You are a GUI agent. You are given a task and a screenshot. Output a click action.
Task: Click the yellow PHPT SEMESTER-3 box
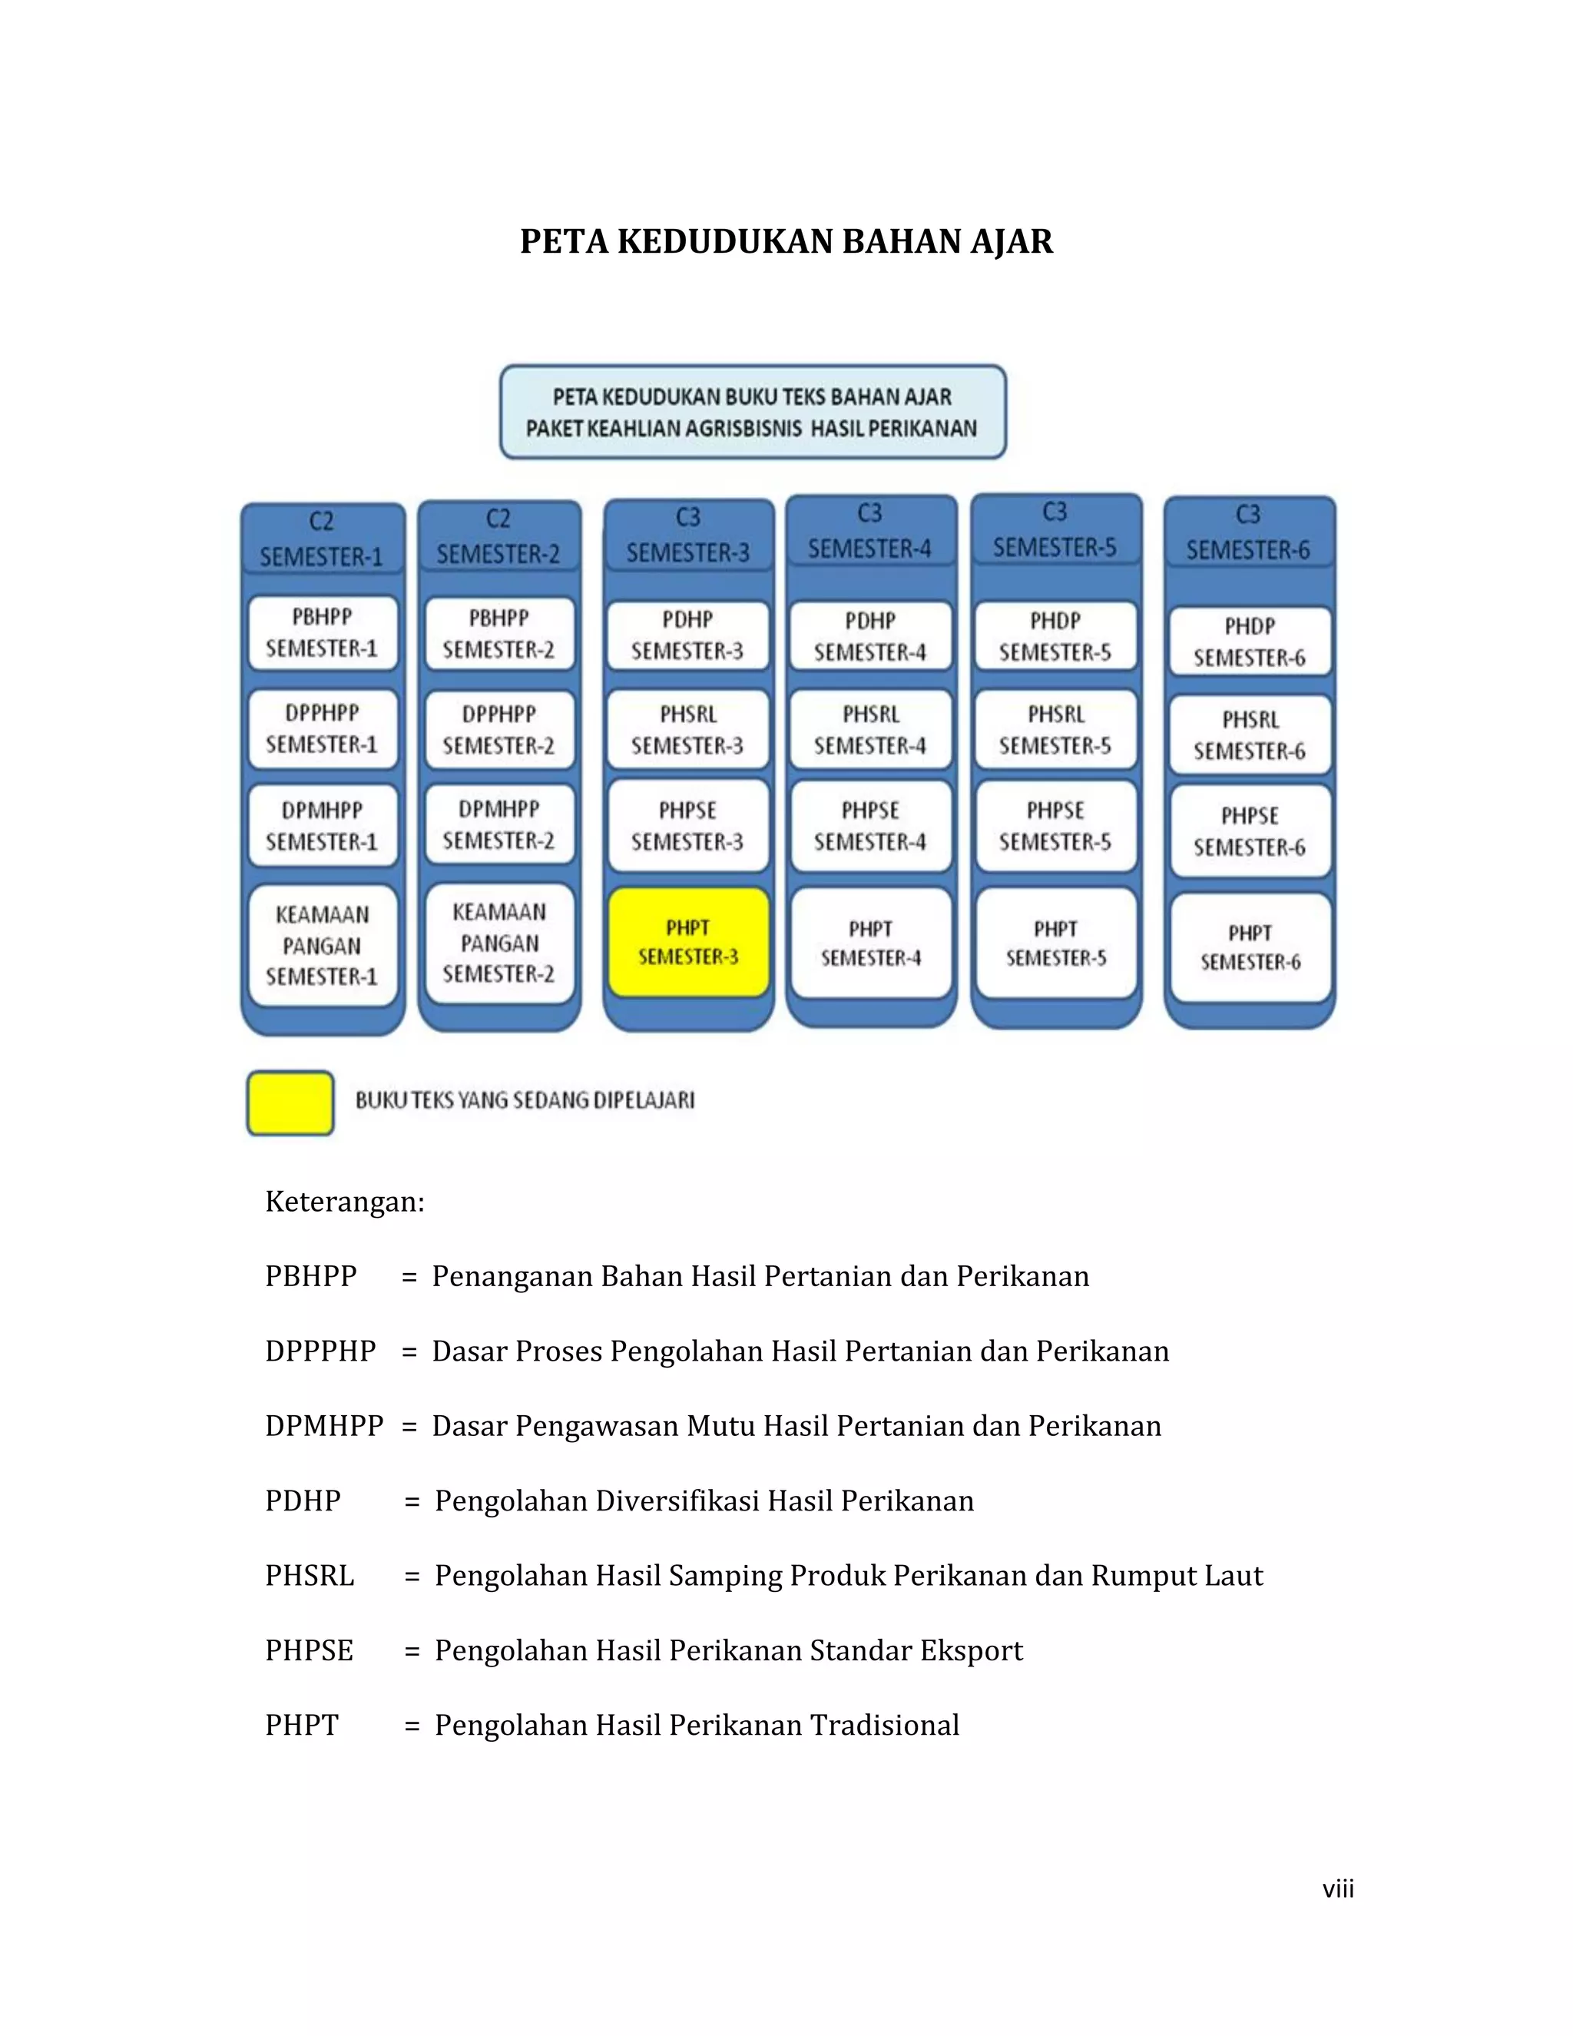coord(687,942)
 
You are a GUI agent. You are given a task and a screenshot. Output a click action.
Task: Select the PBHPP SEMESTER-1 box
coord(322,633)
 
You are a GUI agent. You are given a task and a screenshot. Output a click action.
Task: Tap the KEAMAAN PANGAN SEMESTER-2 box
coord(498,943)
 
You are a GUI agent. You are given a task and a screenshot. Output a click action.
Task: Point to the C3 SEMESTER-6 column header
coord(1248,533)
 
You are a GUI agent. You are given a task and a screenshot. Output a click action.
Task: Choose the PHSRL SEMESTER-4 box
coord(870,730)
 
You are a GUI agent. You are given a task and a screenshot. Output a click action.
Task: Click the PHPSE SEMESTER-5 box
coord(1055,826)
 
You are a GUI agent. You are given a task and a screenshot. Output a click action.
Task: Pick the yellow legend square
coord(290,1102)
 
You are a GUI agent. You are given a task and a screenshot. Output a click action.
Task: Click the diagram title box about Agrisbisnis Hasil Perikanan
coord(752,412)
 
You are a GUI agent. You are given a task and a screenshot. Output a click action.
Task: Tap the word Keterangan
coord(344,1202)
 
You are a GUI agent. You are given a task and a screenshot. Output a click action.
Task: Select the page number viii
coord(1337,1888)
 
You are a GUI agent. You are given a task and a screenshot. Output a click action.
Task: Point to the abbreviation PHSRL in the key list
coord(310,1576)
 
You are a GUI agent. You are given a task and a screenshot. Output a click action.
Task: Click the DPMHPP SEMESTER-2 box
coord(498,825)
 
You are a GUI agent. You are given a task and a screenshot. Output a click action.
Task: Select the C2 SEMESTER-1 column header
coord(322,539)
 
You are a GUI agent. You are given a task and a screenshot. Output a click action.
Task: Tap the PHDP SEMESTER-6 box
coord(1249,642)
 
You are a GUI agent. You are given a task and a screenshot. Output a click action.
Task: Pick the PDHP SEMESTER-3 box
coord(687,635)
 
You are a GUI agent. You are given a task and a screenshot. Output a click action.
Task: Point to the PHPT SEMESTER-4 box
coord(870,943)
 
